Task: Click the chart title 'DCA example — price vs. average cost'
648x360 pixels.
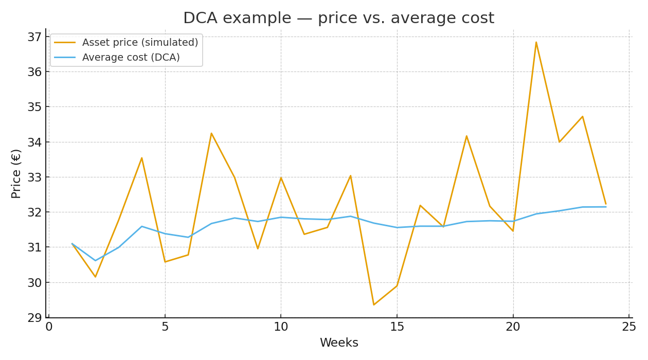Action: point(338,19)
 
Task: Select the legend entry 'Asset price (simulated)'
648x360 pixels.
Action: point(140,43)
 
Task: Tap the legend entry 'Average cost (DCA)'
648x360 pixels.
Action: point(131,58)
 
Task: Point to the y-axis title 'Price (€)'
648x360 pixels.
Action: point(16,173)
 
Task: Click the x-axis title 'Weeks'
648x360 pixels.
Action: point(339,343)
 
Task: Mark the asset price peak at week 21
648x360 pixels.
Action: point(536,42)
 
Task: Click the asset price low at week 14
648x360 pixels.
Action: point(374,305)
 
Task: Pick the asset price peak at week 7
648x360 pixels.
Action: point(211,133)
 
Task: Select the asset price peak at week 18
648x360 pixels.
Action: point(466,136)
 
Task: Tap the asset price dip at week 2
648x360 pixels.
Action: point(95,277)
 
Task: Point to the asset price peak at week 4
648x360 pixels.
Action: point(142,158)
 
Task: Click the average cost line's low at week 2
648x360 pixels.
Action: point(95,261)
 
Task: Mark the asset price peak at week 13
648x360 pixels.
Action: point(351,176)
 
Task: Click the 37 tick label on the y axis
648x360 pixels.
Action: point(34,37)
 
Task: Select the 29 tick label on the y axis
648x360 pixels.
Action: point(34,318)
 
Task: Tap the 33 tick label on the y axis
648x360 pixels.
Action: point(34,177)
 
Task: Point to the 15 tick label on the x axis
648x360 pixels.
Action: point(397,327)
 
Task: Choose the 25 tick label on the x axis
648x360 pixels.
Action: point(629,327)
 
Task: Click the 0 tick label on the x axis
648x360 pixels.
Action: point(49,327)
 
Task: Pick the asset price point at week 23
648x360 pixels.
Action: point(582,117)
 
